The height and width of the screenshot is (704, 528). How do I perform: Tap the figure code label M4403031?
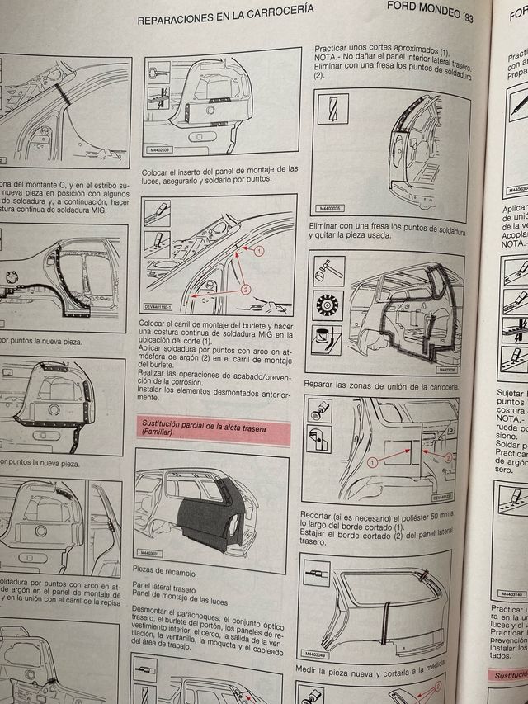tap(149, 575)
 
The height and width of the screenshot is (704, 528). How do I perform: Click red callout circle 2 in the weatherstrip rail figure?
tap(245, 290)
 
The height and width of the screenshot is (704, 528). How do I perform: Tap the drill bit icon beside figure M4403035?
tap(332, 108)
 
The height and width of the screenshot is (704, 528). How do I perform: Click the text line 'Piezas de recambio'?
tap(165, 593)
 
